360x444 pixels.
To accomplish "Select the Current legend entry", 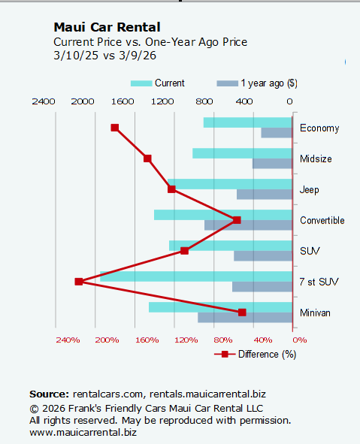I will click(x=158, y=83).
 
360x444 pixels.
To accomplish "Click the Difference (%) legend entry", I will click(x=256, y=354).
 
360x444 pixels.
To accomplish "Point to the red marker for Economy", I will click(x=115, y=128).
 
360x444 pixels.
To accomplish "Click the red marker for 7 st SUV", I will click(x=79, y=282).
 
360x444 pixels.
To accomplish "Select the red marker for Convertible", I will click(x=237, y=220).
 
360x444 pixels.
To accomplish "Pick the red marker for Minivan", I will click(x=242, y=313).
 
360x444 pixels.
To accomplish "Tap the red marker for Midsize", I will click(x=148, y=159).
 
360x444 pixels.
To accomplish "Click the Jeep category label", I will click(x=309, y=189).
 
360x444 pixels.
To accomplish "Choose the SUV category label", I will click(x=309, y=251).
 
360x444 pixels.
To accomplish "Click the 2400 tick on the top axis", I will click(x=44, y=101).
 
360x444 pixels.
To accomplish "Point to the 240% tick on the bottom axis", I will click(x=68, y=340).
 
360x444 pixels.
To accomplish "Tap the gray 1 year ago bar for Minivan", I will click(x=245, y=318).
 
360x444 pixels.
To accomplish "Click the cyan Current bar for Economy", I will click(x=247, y=122).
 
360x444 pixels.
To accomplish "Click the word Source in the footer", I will click(x=49, y=393).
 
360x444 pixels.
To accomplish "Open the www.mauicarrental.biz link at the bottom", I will click(x=83, y=432).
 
